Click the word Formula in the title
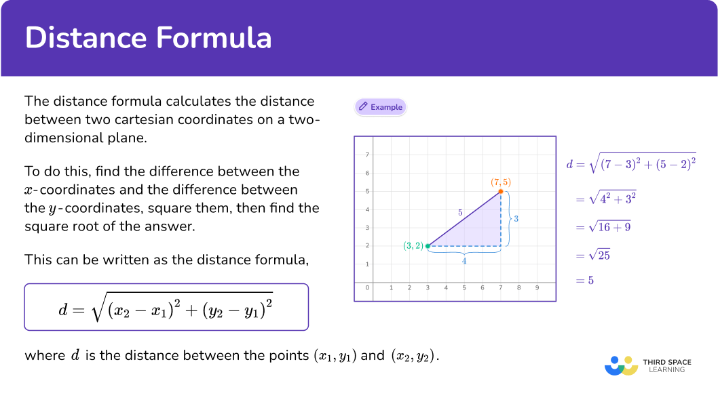tap(214, 37)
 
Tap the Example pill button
tap(381, 107)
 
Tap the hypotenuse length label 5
tap(460, 213)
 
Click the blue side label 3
tap(516, 218)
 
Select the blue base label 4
tap(464, 261)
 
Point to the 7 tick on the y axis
tap(367, 155)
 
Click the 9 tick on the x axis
tap(537, 287)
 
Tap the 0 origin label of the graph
tap(367, 287)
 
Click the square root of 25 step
tap(593, 255)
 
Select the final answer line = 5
tap(585, 280)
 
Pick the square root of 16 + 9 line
tap(603, 227)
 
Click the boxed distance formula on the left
tap(166, 307)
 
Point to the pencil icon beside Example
tap(363, 106)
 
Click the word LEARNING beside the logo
tap(666, 370)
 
